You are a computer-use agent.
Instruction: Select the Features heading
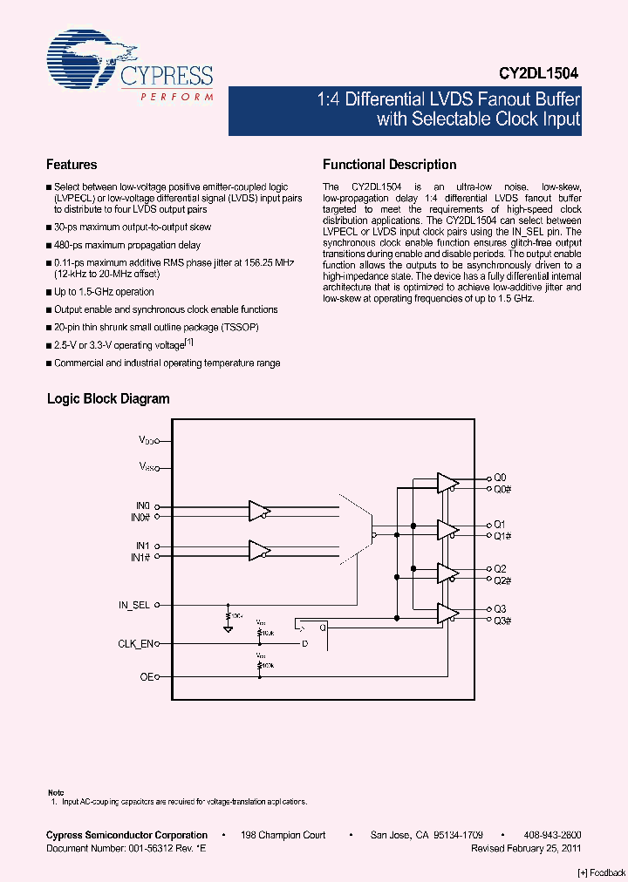[72, 165]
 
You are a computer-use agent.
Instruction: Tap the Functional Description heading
[389, 165]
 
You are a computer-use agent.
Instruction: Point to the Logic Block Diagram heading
[108, 399]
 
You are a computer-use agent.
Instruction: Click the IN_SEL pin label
[134, 604]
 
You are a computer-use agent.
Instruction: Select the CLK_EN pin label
[135, 644]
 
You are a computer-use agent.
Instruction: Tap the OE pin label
[146, 676]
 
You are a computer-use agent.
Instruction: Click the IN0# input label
[141, 517]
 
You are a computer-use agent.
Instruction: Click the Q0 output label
[500, 478]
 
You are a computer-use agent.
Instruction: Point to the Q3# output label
[502, 620]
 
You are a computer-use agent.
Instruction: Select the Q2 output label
[500, 568]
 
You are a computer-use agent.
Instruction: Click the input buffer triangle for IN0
[259, 511]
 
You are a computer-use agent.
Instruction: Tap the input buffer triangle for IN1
[259, 551]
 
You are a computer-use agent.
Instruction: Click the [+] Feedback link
[601, 872]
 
